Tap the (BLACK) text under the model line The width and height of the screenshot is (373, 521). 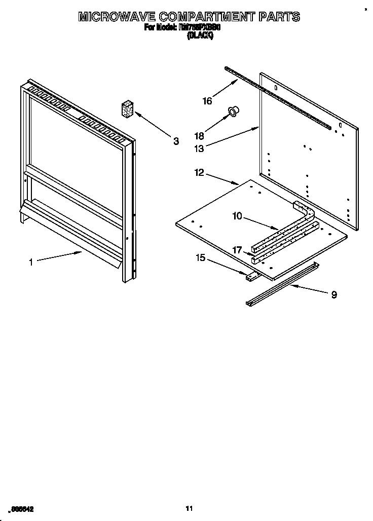200,36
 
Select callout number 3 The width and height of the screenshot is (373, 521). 176,141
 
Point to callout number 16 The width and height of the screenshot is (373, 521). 207,101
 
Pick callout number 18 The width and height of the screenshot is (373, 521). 199,136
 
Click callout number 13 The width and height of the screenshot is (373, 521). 199,148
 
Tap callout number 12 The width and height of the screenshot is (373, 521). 199,173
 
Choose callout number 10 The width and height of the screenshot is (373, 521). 237,216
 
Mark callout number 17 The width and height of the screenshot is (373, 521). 237,250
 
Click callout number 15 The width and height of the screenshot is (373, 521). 200,258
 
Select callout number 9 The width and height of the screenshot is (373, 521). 334,294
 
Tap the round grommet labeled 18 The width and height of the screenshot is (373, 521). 234,110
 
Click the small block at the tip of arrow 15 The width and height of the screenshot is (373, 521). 252,276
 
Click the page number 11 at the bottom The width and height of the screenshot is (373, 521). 189,508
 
